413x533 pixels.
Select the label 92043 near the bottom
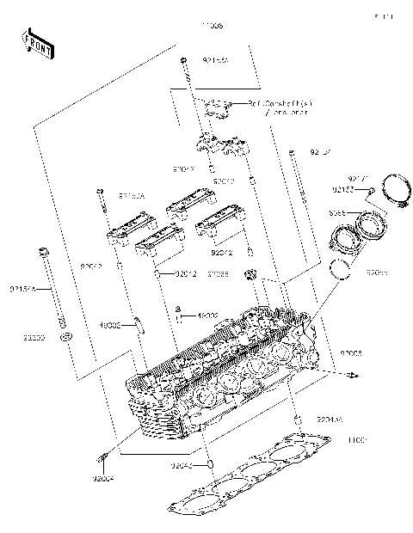[181, 465]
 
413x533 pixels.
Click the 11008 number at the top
[212, 27]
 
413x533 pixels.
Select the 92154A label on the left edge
[22, 290]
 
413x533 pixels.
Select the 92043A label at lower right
[330, 419]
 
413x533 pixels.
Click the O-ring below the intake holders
[342, 270]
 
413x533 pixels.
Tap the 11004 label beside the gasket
[357, 440]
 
